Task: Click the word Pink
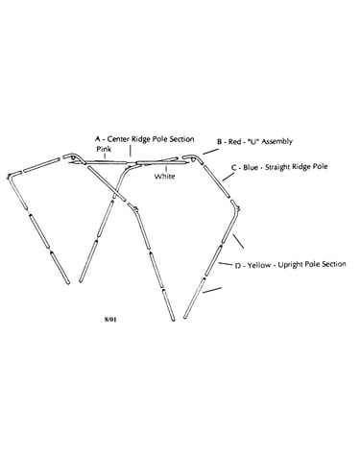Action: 104,149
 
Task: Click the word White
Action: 165,176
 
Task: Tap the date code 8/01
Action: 110,319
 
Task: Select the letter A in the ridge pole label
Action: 98,139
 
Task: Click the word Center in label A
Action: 118,139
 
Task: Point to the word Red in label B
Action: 234,141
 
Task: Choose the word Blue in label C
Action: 251,167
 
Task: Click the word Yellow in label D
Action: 259,265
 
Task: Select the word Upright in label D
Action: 290,265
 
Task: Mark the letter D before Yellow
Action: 238,266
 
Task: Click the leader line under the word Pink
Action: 105,156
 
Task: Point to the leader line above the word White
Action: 166,169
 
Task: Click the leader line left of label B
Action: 210,151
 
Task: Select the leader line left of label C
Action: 228,177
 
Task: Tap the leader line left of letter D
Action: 226,264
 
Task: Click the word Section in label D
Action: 334,264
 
